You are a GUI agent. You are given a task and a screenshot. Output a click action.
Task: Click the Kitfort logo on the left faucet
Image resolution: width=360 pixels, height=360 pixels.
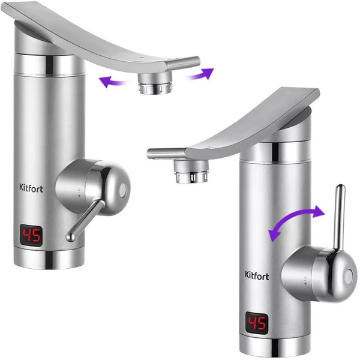coord(31,188)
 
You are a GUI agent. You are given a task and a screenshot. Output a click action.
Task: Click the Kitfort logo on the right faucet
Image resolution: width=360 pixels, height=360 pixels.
coord(257,275)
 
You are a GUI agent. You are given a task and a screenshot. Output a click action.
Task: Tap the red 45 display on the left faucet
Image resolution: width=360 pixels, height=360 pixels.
coord(31,236)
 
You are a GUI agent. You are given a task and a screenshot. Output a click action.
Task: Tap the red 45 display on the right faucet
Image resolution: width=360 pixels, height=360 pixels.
coord(257,323)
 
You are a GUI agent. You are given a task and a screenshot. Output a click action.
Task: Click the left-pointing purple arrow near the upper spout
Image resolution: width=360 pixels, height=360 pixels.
coord(112,82)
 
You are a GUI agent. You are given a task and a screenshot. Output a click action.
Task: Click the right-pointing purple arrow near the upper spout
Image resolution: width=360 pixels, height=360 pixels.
coord(202,74)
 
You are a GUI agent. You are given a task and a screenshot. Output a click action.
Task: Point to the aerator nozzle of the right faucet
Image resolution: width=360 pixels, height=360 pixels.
coord(191,171)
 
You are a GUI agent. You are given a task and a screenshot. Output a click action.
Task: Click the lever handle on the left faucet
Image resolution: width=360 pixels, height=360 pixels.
coord(85,220)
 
